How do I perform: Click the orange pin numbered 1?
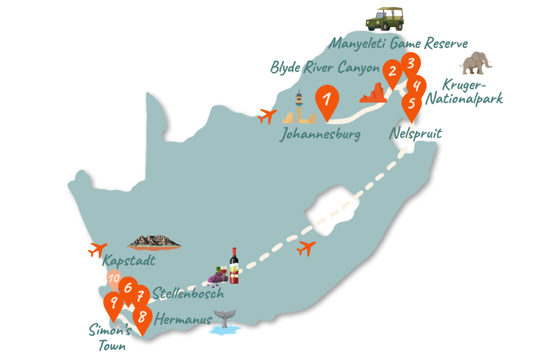[x=326, y=100]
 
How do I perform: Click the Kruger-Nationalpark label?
[x=464, y=92]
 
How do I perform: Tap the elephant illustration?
[x=476, y=63]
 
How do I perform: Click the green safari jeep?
[x=385, y=19]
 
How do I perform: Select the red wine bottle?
[x=234, y=266]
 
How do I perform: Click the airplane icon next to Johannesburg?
[x=267, y=115]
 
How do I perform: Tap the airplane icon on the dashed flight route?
[x=307, y=247]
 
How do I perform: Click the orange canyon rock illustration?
[x=373, y=94]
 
